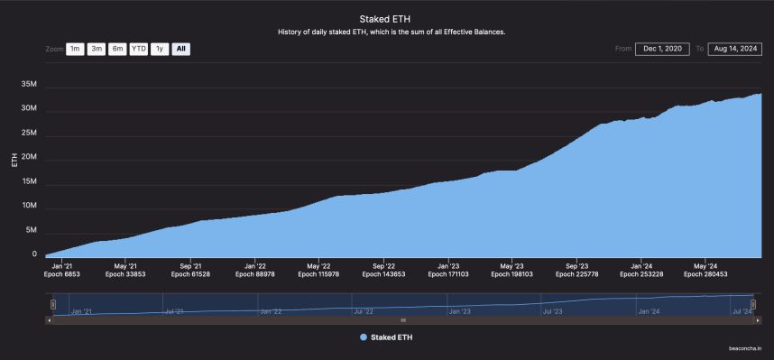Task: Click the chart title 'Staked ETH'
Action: point(386,18)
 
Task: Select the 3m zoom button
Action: point(97,49)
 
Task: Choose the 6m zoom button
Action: point(117,49)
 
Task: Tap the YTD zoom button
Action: point(138,49)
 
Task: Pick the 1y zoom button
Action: point(160,49)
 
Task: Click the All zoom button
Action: point(180,49)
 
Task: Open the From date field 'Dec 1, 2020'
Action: point(664,49)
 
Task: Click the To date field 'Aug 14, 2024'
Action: point(734,49)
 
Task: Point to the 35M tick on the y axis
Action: point(28,84)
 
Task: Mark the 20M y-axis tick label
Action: point(28,157)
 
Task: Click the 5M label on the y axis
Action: point(31,230)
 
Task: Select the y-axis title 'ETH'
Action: point(14,161)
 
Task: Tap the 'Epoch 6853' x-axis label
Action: point(63,275)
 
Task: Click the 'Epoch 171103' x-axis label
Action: point(449,275)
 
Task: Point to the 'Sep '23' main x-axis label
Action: point(577,266)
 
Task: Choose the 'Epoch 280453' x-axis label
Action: point(706,275)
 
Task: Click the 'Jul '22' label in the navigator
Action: point(364,311)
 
